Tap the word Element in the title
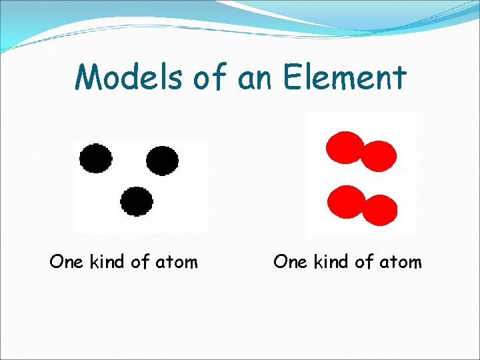(344, 77)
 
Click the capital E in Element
(291, 77)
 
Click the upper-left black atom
(96, 159)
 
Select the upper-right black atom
(162, 160)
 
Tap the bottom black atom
(137, 201)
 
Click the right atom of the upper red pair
(379, 157)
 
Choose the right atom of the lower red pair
(379, 209)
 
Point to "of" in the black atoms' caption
(140, 262)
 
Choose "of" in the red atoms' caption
(364, 262)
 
